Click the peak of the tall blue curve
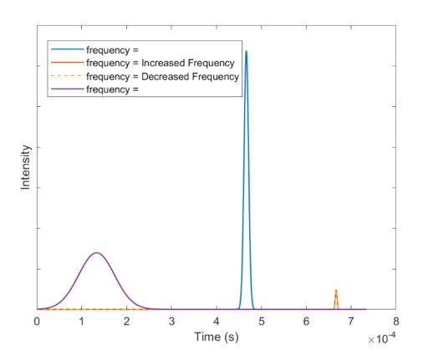246,51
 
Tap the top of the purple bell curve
97,253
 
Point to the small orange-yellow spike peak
336,291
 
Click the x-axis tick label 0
37,322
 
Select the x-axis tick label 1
82,322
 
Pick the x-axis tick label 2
127,322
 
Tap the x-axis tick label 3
171,322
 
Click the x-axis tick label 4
217,322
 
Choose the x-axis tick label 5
262,322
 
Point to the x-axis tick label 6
306,322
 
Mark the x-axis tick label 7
351,322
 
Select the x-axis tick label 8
396,322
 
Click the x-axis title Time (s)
217,337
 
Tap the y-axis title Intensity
25,167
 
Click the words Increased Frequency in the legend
188,63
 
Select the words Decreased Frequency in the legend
191,76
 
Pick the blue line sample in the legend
68,49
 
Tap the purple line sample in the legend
68,89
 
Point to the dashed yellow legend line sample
66,76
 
